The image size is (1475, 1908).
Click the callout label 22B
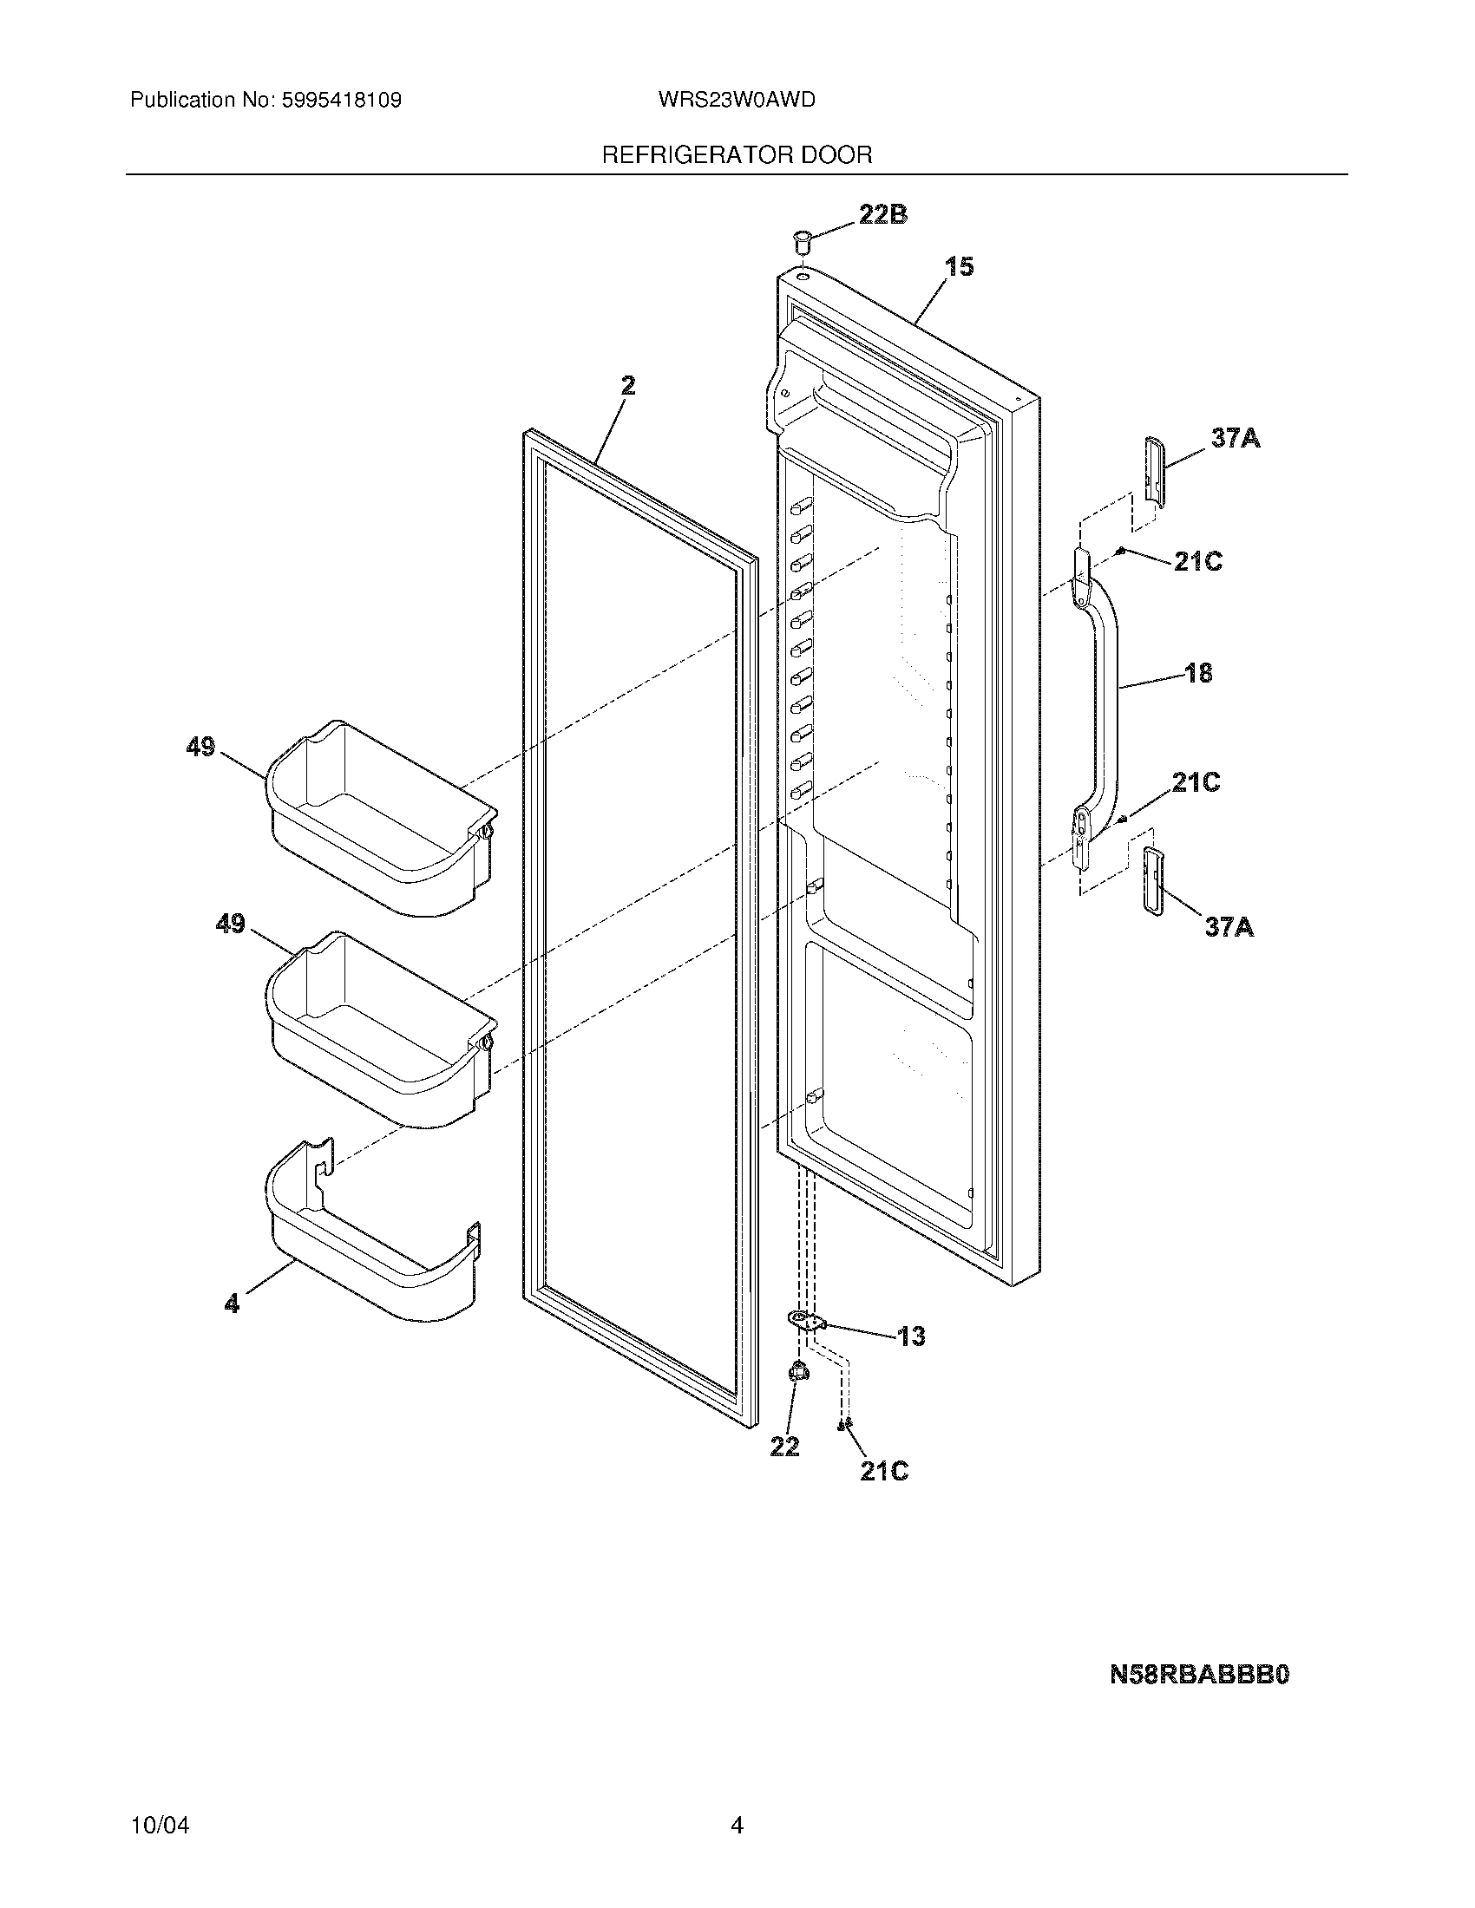[882, 214]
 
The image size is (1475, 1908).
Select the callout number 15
[960, 266]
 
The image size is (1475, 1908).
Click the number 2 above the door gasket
[628, 385]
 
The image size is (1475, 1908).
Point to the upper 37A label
[1236, 438]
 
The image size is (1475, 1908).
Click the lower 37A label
[1229, 926]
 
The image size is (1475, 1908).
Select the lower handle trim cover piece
[1152, 880]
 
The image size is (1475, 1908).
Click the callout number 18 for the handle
[1198, 673]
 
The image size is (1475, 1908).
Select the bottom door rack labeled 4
[374, 1243]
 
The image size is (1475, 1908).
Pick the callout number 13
[910, 1336]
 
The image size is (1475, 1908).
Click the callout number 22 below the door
[784, 1447]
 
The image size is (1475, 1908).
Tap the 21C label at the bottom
[883, 1472]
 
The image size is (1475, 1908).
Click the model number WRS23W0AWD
[737, 100]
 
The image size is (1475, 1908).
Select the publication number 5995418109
[342, 100]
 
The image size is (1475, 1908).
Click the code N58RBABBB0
[1199, 1675]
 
